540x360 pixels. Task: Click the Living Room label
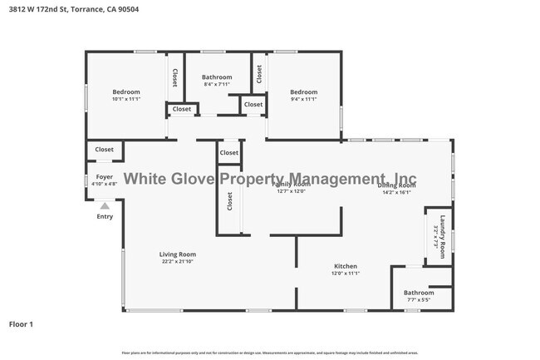tap(178, 254)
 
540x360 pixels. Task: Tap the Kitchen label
tap(345, 266)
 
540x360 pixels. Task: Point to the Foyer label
tap(105, 177)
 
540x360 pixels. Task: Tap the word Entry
tap(105, 217)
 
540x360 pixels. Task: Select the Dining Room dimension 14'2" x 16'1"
tap(397, 192)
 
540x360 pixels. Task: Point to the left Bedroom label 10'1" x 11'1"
tap(126, 91)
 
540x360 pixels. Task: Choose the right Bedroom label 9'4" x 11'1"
tap(303, 91)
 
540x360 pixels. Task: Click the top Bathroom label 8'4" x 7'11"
tap(218, 77)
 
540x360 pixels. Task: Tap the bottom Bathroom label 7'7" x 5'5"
tap(419, 293)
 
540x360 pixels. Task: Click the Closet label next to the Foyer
tap(105, 150)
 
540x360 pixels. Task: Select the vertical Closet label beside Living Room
tap(230, 202)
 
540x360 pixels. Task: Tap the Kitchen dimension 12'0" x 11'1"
tap(345, 274)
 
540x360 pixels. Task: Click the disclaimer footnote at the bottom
tap(270, 353)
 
